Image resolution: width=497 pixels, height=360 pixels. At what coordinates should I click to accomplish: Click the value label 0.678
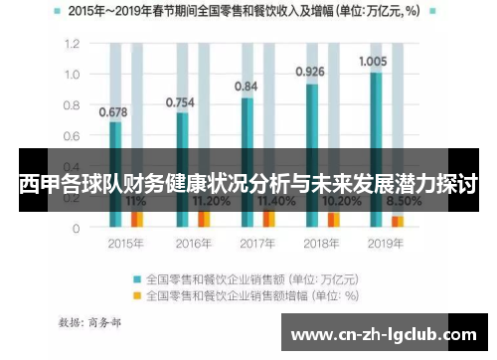pyautogui.click(x=113, y=111)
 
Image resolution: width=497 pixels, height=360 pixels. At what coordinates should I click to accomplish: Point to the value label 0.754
pyautogui.click(x=180, y=101)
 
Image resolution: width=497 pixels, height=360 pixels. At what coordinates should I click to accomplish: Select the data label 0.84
pyautogui.click(x=246, y=87)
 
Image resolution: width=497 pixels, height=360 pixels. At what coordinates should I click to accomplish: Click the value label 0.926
pyautogui.click(x=310, y=72)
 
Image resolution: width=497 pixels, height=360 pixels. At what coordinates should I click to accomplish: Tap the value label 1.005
pyautogui.click(x=375, y=62)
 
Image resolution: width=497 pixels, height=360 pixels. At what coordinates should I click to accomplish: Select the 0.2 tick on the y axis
pyautogui.click(x=71, y=198)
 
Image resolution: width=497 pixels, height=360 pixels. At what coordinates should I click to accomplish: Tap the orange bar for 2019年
pyautogui.click(x=398, y=221)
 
